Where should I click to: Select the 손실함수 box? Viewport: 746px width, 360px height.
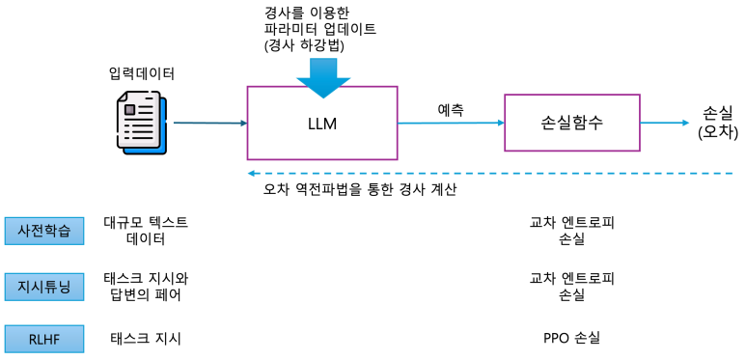click(572, 123)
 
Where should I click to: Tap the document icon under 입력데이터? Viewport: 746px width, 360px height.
click(141, 125)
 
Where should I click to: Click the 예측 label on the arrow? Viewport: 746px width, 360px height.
click(451, 108)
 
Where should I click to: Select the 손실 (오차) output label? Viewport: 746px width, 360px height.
click(716, 122)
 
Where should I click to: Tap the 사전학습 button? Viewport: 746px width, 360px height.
click(44, 232)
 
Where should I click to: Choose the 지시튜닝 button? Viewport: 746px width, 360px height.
click(44, 286)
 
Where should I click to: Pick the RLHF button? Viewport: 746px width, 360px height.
click(44, 338)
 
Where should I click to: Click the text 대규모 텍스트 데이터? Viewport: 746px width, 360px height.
click(146, 232)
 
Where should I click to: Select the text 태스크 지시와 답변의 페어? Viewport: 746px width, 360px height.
click(146, 286)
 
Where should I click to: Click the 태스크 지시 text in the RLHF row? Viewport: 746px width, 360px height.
click(146, 338)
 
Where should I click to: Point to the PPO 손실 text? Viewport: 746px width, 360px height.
click(571, 338)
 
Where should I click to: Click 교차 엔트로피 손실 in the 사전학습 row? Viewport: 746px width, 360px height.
click(571, 232)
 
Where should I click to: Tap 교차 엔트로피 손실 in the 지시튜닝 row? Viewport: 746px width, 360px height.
click(571, 286)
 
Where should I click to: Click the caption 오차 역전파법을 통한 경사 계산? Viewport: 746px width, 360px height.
click(359, 190)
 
